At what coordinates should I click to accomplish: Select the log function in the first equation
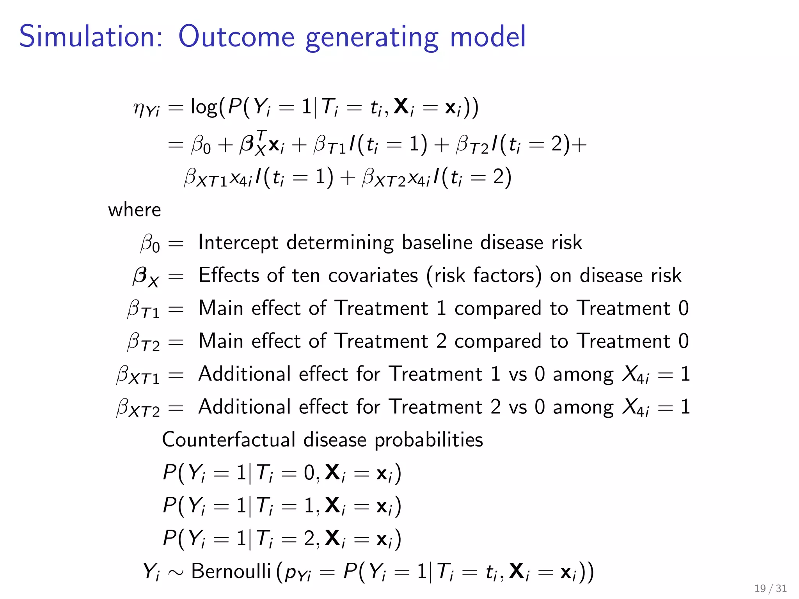click(204, 107)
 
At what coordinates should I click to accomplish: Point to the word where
click(134, 210)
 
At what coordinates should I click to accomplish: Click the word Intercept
click(238, 243)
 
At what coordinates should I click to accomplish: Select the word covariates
click(373, 276)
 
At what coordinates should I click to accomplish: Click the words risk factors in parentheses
click(484, 276)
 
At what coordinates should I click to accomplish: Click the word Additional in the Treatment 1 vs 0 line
click(245, 374)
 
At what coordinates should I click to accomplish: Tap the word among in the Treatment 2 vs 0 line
click(583, 408)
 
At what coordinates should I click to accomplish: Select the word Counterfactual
click(229, 440)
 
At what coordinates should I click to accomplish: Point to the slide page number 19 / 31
click(771, 588)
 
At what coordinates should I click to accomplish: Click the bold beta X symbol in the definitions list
click(146, 276)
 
